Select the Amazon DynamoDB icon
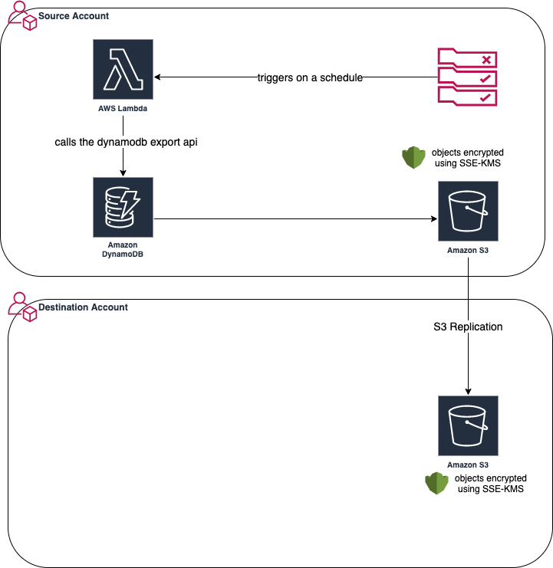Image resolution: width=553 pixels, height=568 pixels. click(x=123, y=207)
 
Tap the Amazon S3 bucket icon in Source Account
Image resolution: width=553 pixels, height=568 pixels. click(x=468, y=211)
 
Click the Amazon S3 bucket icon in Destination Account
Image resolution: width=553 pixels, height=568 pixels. click(x=468, y=425)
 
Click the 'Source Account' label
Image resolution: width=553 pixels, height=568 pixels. click(x=74, y=16)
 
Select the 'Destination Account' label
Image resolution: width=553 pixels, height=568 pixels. click(x=83, y=307)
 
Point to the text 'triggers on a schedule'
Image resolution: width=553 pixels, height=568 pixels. click(x=310, y=77)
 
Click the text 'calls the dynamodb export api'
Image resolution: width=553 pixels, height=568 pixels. click(x=120, y=143)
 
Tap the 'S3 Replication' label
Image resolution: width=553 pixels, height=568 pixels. click(x=468, y=327)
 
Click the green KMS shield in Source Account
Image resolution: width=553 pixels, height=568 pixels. click(x=413, y=158)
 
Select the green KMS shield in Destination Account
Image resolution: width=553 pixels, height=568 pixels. click(x=436, y=484)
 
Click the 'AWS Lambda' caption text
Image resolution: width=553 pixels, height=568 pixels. click(x=123, y=110)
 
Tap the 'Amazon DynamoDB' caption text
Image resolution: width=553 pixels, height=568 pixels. click(x=123, y=248)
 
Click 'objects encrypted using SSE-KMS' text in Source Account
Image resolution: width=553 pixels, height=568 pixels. click(x=468, y=158)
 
